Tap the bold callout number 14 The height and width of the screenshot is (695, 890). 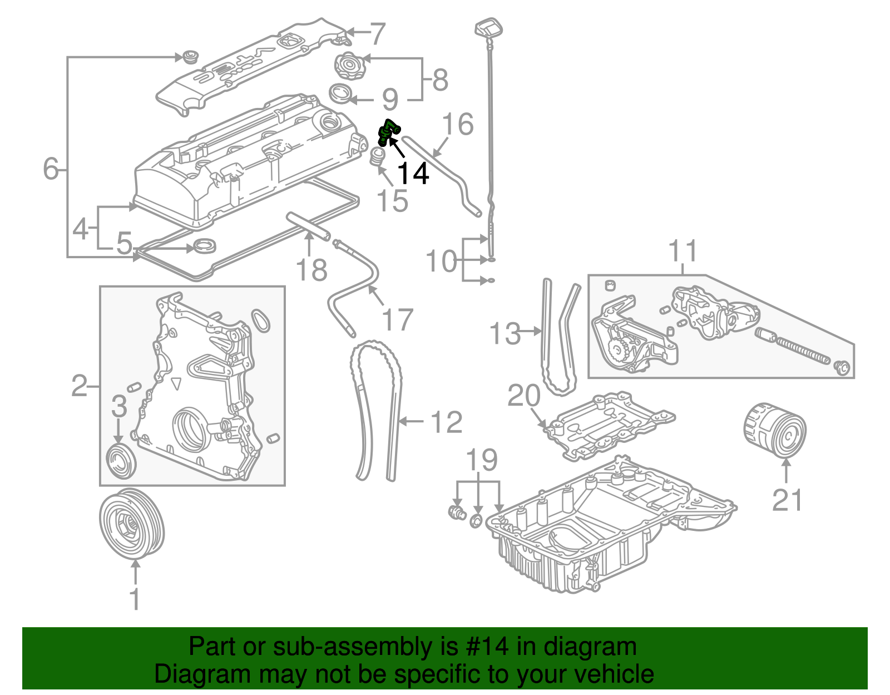click(x=413, y=174)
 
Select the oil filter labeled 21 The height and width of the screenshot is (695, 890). click(x=774, y=431)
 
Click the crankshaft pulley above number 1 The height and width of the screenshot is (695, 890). click(x=132, y=523)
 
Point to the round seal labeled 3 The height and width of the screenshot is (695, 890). click(x=121, y=460)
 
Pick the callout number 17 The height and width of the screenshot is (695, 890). click(x=397, y=320)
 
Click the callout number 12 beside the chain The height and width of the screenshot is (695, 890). click(x=446, y=422)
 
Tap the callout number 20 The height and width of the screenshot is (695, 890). click(x=524, y=396)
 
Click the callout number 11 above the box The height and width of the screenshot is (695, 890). click(x=683, y=252)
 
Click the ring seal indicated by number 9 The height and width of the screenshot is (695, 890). click(x=341, y=93)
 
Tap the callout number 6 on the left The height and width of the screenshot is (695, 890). click(x=51, y=168)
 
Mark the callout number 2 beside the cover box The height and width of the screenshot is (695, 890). click(x=80, y=385)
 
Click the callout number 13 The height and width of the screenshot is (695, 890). click(x=505, y=334)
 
